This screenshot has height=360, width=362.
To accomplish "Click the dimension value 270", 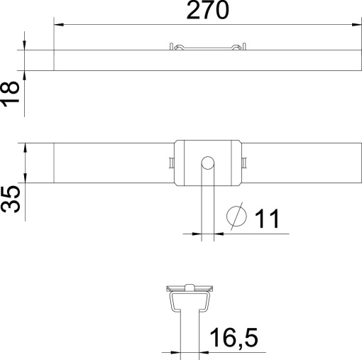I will click(208, 11).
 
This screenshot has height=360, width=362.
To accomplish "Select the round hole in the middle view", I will click(207, 163).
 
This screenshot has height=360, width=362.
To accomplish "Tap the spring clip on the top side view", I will click(208, 48).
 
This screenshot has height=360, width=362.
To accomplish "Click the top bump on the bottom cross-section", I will click(189, 287).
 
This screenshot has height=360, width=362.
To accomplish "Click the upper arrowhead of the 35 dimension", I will click(25, 148).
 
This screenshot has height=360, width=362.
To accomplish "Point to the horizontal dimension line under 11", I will click(241, 233).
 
